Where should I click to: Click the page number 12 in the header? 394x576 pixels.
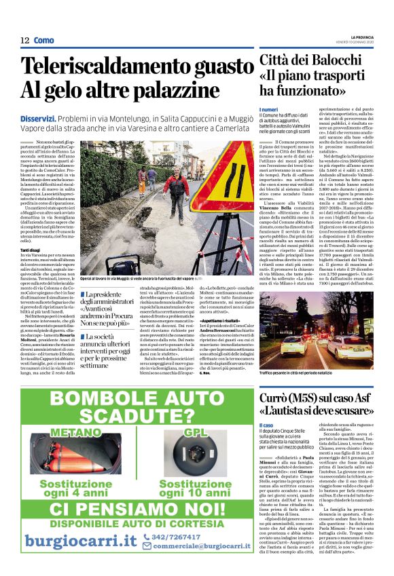pos(24,40)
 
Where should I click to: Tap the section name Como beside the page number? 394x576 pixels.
pos(43,40)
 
